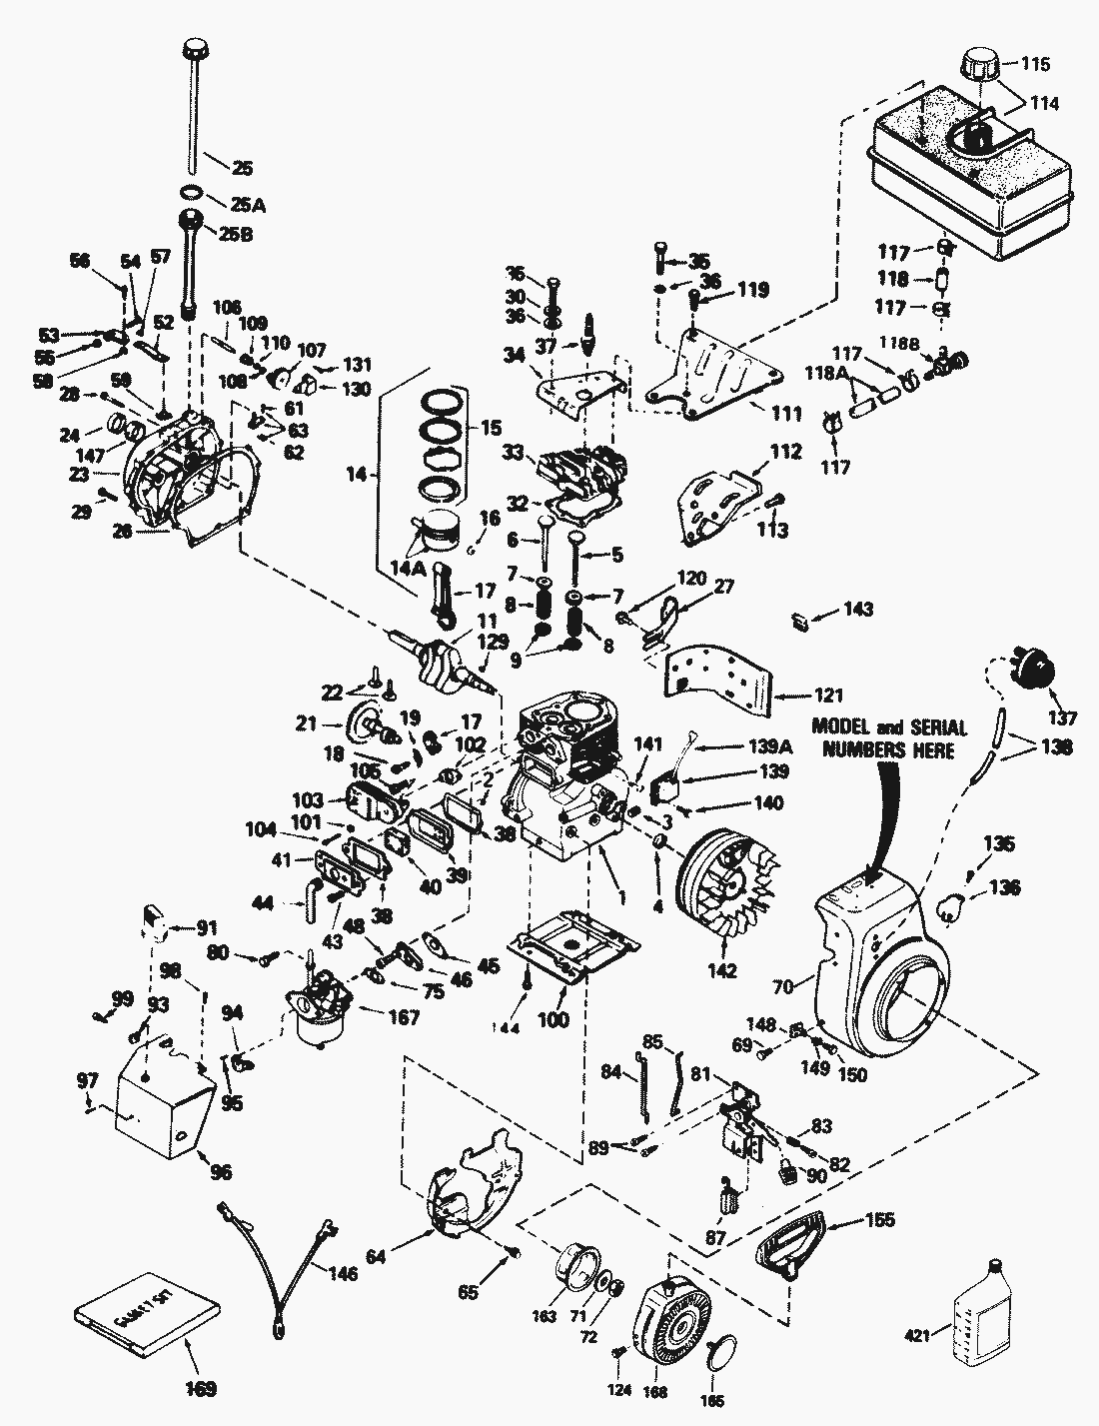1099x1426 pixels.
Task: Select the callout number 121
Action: point(820,695)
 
